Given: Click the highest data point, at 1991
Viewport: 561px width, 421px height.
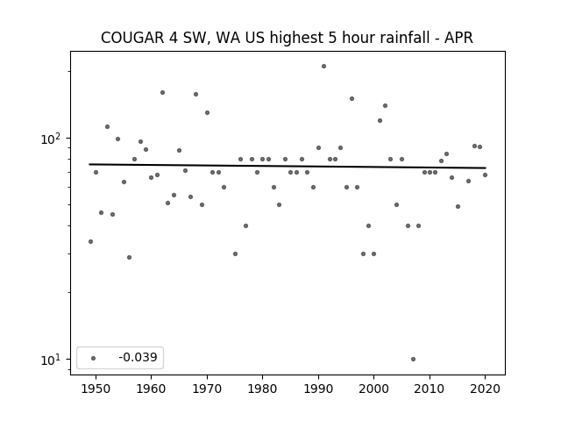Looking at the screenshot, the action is coord(323,67).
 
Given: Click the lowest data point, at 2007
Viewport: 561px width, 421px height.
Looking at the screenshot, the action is coord(413,359).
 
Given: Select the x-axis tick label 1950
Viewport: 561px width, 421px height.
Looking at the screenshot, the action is coord(96,389).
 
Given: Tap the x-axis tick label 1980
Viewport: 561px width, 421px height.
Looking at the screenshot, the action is coord(262,389).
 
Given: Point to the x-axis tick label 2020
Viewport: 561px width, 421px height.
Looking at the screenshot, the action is coord(485,389).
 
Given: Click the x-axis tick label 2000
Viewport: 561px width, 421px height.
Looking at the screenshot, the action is coord(374,389).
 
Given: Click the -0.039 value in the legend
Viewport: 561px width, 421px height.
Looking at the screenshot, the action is coord(138,357).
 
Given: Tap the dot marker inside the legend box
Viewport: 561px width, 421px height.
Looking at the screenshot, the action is coord(94,358).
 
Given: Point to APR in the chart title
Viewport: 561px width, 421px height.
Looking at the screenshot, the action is coord(458,38).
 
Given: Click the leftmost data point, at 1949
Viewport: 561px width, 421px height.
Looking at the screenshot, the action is coord(90,242).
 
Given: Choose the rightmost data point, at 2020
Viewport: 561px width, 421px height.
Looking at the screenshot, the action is coord(485,175).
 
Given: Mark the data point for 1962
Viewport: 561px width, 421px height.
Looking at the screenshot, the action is coord(162,92).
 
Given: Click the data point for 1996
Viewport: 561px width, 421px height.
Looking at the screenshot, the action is coord(352,98).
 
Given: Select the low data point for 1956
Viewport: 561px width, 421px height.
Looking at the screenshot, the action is coord(129,257).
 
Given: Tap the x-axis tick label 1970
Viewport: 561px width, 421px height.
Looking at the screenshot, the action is coord(207,389).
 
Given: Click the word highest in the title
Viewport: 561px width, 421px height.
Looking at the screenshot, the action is coord(296,38).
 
